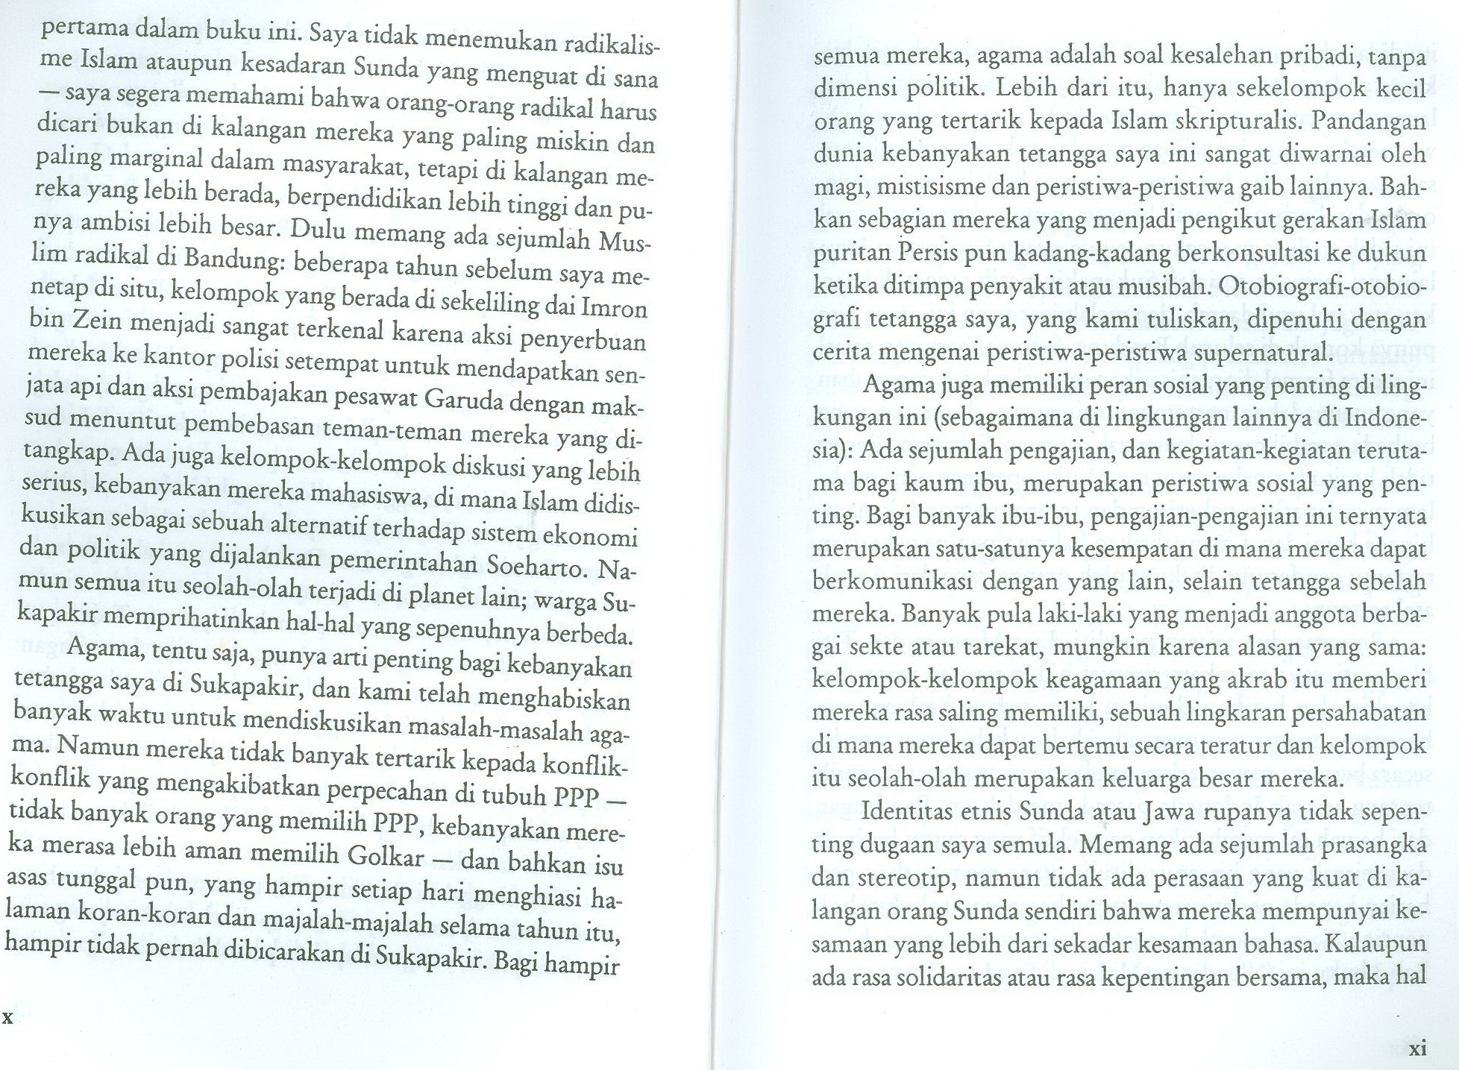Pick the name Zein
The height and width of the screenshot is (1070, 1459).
click(97, 320)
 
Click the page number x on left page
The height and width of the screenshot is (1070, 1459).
click(8, 1018)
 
